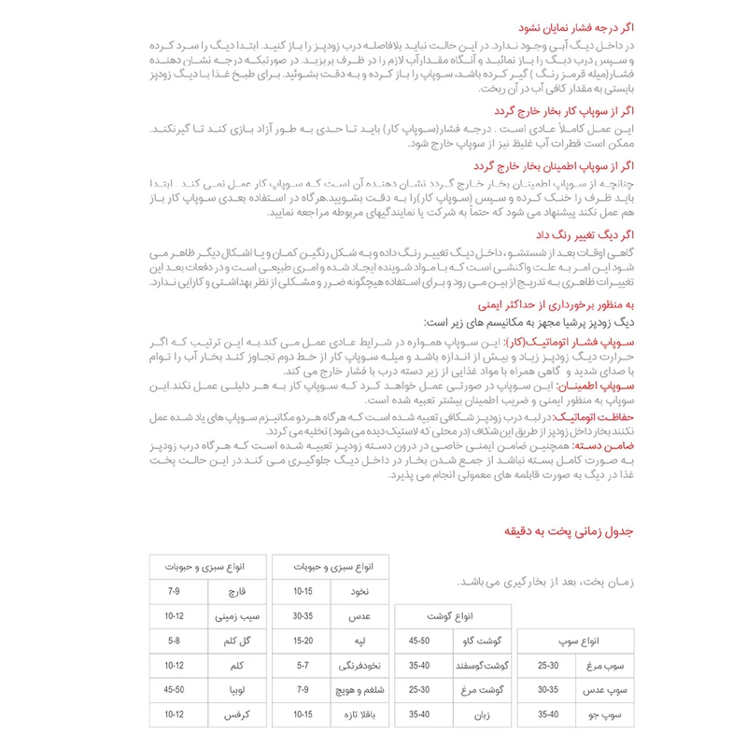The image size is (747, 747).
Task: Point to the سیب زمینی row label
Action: [227, 616]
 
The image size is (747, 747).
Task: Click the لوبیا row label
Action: [227, 689]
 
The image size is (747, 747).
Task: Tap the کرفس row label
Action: [227, 713]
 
